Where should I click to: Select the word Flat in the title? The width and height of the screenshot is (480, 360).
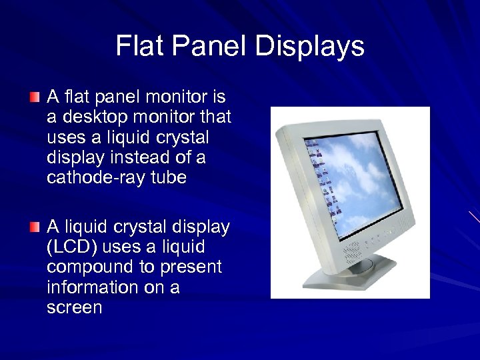(139, 46)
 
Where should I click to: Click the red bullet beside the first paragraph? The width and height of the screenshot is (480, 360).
(34, 98)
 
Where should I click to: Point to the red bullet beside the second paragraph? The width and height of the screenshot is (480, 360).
(34, 228)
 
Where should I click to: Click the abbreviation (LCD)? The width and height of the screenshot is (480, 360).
(73, 247)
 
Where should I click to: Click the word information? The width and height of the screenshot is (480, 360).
(91, 287)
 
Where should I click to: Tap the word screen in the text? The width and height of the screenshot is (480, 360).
(75, 307)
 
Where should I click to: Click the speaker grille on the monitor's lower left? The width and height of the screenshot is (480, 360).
(352, 253)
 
